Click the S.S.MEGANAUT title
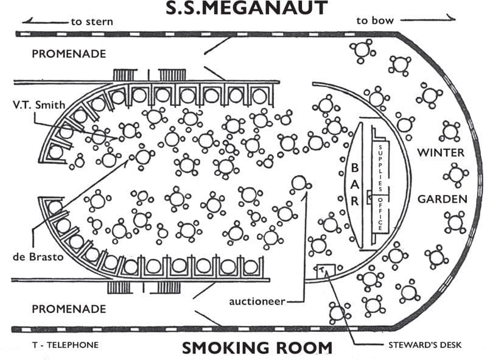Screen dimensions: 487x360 [247, 8]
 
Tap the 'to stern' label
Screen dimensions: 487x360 [92, 22]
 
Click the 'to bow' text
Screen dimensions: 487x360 [375, 21]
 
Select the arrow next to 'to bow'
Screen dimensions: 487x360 [428, 19]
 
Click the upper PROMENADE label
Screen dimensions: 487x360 [69, 54]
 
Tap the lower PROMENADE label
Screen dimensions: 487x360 [69, 309]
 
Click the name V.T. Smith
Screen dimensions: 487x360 [39, 105]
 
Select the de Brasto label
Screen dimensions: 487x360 [38, 257]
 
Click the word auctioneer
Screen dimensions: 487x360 [257, 302]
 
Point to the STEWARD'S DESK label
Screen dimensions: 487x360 [425, 345]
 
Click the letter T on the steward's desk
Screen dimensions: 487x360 [322, 269]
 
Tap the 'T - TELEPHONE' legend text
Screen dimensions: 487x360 [66, 345]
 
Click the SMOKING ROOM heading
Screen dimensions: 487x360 [257, 348]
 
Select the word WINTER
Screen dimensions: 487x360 [441, 153]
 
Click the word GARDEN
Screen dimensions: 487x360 [443, 199]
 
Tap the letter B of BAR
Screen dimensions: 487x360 [355, 168]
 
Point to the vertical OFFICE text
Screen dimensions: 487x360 [380, 214]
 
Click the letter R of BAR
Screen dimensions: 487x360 [355, 201]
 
